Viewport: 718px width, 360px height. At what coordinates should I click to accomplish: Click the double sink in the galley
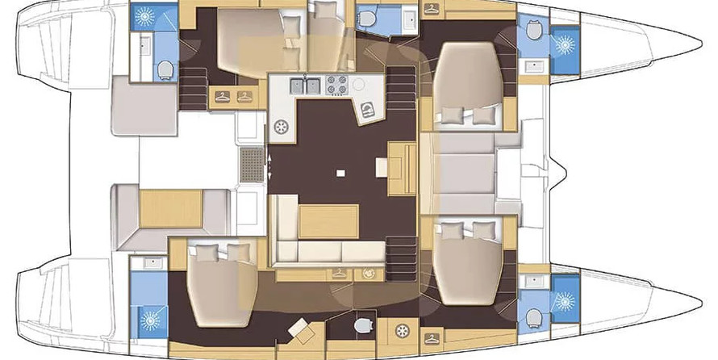298,83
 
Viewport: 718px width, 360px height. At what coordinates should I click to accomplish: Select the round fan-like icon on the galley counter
282,127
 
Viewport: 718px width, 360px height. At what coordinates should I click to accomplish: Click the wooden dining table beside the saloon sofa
328,220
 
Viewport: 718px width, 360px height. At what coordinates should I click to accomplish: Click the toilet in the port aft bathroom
165,69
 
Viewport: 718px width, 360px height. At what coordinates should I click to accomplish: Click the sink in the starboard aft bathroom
148,262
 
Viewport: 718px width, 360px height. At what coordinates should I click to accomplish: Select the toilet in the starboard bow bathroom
533,316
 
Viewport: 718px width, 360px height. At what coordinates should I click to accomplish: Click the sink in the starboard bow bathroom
533,282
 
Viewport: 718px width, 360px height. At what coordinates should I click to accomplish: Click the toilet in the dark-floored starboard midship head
362,325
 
